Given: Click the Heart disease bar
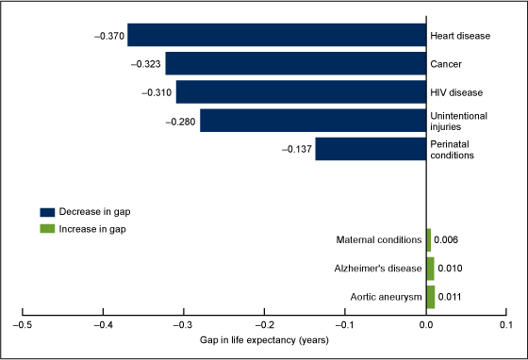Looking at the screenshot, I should [x=276, y=35].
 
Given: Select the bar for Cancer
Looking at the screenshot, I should [x=295, y=63].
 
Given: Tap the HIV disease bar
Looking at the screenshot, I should [x=301, y=92].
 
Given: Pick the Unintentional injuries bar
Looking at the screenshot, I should [x=312, y=121].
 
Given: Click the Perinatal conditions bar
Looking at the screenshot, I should [x=371, y=149].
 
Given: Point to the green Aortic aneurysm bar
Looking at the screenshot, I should [x=430, y=297].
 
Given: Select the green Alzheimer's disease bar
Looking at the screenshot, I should [x=430, y=269].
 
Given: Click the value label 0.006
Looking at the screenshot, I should [x=448, y=240].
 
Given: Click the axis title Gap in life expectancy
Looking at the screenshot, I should [x=264, y=339].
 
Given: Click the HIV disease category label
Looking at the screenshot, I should [x=456, y=92].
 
